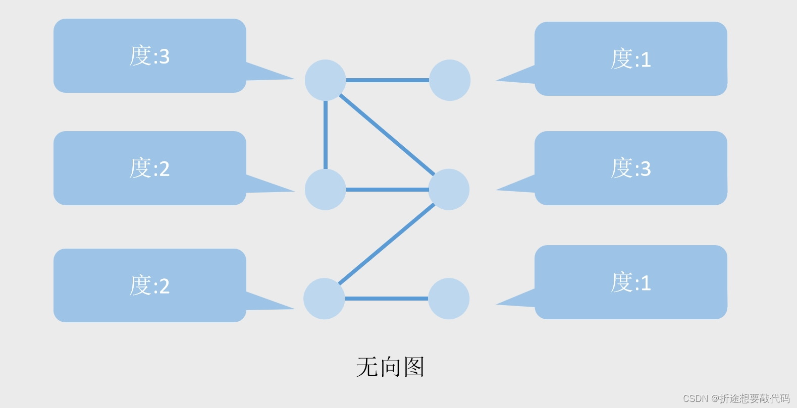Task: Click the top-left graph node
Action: (325, 80)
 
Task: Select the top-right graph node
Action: (449, 80)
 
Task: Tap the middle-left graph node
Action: (325, 189)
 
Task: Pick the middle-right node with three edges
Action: (449, 189)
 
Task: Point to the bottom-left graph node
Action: (324, 299)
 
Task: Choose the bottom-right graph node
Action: (449, 299)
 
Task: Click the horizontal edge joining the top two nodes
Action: (387, 80)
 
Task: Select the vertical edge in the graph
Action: (326, 135)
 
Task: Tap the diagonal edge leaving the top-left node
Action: (387, 135)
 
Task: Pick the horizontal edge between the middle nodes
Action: (387, 190)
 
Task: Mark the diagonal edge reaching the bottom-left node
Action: (387, 244)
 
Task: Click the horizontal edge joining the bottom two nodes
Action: (387, 299)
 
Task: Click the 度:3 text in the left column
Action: (149, 56)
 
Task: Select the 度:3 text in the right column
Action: (631, 168)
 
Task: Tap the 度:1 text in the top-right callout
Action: (631, 59)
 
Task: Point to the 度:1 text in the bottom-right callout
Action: (631, 282)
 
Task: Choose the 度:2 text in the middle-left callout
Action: (149, 168)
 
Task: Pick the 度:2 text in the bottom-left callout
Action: (149, 285)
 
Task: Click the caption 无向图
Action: (390, 367)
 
